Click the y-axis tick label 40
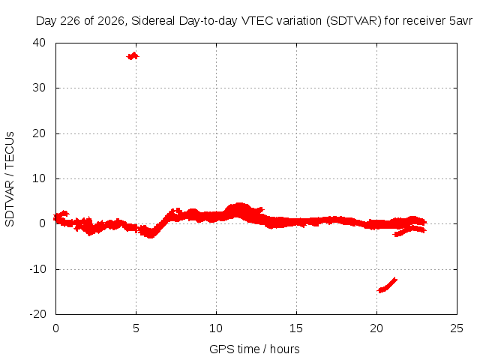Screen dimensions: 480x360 pos(39,43)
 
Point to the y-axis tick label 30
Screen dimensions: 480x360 pos(39,88)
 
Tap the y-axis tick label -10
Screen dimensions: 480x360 pos(37,269)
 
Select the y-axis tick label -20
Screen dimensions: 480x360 pos(37,314)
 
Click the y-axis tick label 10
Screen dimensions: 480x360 pos(39,178)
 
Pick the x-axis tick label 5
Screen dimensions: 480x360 pos(136,328)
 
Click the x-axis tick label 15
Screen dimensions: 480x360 pos(296,328)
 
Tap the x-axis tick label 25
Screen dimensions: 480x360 pos(457,328)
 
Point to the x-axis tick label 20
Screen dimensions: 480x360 pos(376,328)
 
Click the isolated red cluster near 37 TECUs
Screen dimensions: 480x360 pos(133,56)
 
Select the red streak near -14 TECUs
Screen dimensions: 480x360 pos(387,285)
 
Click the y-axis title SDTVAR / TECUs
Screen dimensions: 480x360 pos(10,179)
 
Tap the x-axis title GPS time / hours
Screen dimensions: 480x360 pos(254,349)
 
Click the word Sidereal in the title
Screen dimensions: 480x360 pos(153,21)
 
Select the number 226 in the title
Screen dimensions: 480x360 pos(70,21)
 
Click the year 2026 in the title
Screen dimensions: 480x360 pos(111,21)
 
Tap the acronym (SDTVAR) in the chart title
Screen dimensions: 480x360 pos(354,21)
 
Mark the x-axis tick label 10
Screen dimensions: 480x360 pos(216,328)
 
